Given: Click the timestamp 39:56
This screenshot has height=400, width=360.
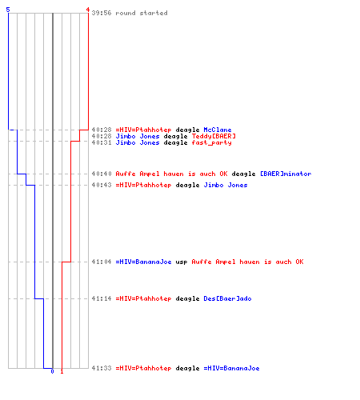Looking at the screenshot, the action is pyautogui.click(x=102, y=13).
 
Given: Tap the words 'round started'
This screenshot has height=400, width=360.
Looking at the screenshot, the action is pyautogui.click(x=142, y=13).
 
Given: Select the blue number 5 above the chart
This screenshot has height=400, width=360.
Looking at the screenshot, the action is pyautogui.click(x=8, y=10).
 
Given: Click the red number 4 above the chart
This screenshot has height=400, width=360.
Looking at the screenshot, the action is pyautogui.click(x=88, y=10).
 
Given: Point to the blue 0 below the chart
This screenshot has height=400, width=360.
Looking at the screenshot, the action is pyautogui.click(x=52, y=371).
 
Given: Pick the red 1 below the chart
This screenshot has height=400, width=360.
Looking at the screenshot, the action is pyautogui.click(x=62, y=371).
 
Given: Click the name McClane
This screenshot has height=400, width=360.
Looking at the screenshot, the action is pyautogui.click(x=218, y=130).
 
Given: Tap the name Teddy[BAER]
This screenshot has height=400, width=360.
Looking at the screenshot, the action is pyautogui.click(x=214, y=136).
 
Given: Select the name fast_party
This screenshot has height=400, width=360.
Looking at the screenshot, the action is pyautogui.click(x=211, y=142).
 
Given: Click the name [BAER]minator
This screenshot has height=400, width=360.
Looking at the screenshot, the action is pyautogui.click(x=286, y=174).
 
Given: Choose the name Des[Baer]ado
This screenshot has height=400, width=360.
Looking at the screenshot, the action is pyautogui.click(x=227, y=298).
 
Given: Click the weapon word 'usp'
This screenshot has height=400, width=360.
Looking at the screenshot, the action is pyautogui.click(x=182, y=262).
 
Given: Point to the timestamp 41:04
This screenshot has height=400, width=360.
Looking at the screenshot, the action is pyautogui.click(x=102, y=262).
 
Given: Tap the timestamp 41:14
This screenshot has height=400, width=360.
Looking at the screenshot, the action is pyautogui.click(x=102, y=298).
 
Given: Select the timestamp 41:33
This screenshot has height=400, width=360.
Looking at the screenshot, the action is pyautogui.click(x=102, y=368).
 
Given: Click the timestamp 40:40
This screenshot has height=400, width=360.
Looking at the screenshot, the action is pyautogui.click(x=102, y=174).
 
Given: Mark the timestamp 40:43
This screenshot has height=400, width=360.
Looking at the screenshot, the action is pyautogui.click(x=102, y=185).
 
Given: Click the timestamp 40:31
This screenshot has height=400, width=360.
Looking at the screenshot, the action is pyautogui.click(x=102, y=142).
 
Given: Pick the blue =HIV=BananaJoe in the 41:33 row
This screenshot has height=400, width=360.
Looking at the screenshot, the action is pyautogui.click(x=231, y=368).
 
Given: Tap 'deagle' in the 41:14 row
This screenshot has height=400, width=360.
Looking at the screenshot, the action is pyautogui.click(x=187, y=299).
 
